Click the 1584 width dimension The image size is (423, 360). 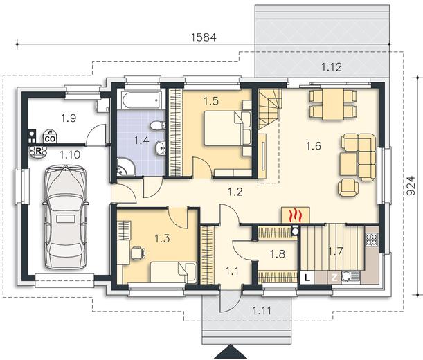point(204,37)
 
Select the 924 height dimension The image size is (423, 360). point(411,186)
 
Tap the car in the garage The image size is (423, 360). point(65,217)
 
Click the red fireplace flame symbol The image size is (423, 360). point(295,215)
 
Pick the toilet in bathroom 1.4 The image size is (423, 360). point(158,126)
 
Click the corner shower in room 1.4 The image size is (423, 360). point(126,167)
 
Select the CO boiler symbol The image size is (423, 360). point(50,136)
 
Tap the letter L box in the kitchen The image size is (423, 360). point(307,278)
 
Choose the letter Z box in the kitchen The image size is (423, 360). point(334,278)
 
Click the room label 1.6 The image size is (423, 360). point(314,146)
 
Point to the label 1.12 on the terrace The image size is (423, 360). point(332,67)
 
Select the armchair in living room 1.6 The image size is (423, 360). point(348,187)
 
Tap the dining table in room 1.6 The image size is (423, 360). point(333,104)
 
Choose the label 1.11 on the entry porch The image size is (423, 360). point(262,310)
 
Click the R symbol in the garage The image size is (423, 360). point(38,152)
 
